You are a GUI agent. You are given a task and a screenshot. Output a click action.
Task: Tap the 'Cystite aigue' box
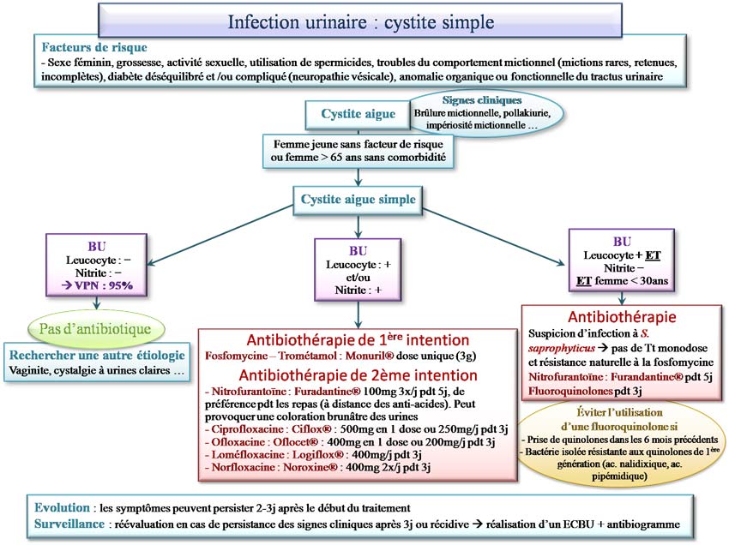(x=358, y=113)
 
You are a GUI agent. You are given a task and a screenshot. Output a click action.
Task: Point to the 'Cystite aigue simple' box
(x=358, y=199)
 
